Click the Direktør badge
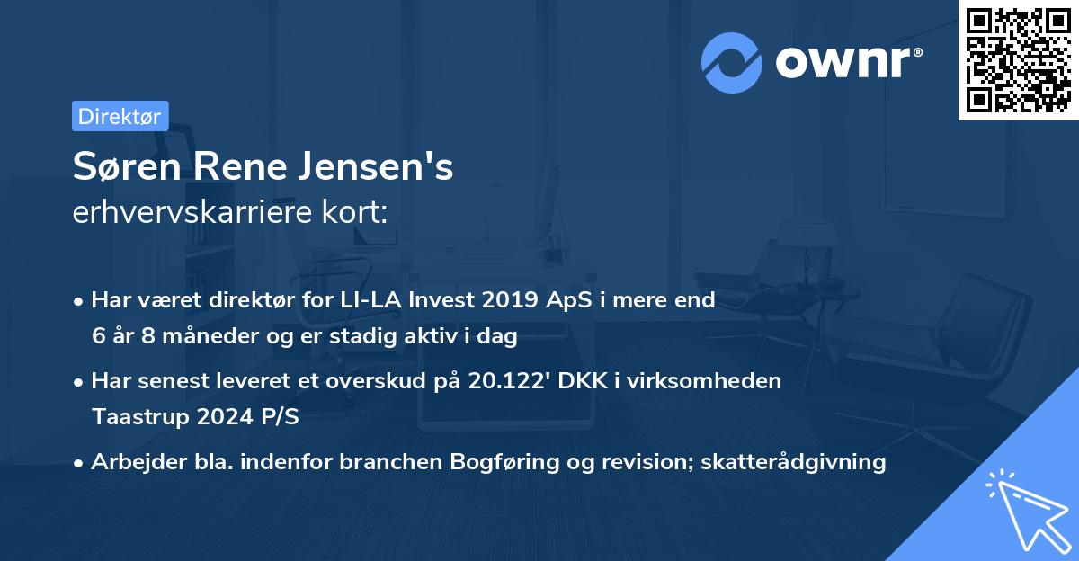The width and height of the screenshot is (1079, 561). [120, 116]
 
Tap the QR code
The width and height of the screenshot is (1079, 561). [1018, 60]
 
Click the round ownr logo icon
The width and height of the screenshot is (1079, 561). [732, 62]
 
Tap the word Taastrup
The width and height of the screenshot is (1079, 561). [134, 417]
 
